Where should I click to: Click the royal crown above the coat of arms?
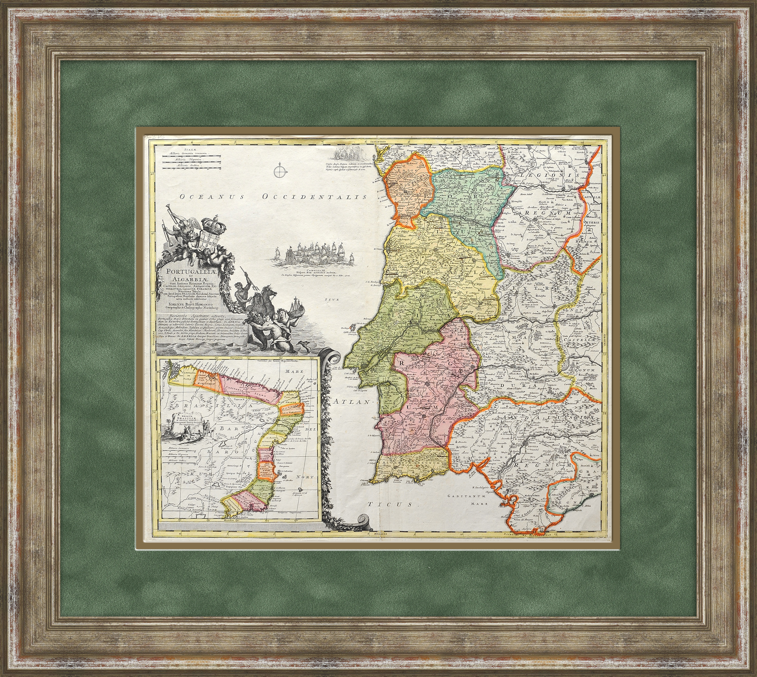pos(211,224)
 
